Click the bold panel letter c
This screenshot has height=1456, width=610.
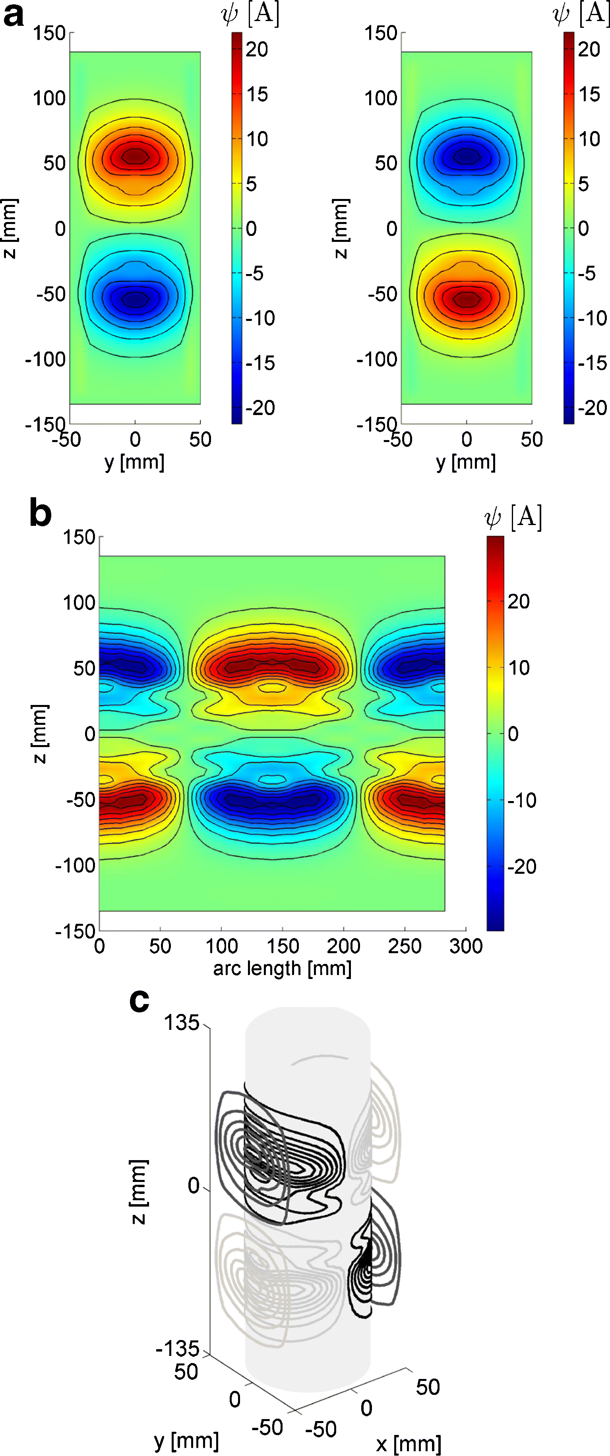[139, 1000]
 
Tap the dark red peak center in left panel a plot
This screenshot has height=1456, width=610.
[135, 156]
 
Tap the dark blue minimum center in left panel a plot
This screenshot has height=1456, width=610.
[135, 298]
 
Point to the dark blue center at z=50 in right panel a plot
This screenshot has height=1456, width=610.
[467, 156]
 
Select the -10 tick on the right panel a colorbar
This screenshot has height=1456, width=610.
[591, 318]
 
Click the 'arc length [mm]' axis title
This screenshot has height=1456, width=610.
[282, 968]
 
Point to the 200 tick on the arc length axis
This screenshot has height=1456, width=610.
[343, 946]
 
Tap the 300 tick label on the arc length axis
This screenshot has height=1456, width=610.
[466, 946]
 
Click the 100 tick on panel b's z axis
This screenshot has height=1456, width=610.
[79, 602]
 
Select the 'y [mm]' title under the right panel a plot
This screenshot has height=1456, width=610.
[466, 462]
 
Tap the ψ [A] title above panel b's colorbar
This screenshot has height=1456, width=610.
[513, 517]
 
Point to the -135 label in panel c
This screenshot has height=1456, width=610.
[178, 1349]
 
